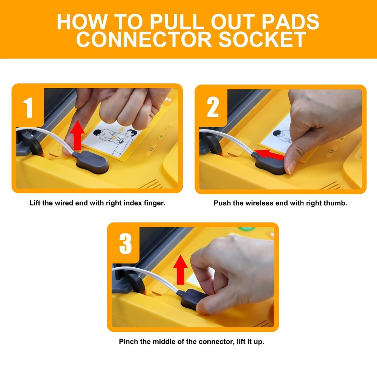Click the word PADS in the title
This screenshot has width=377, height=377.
point(290,21)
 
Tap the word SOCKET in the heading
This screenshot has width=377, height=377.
point(262,40)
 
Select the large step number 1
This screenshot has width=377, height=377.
point(28,108)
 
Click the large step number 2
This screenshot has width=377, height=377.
point(213,107)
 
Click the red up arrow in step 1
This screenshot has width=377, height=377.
point(77,135)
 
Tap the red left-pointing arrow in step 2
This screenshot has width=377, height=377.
point(269,154)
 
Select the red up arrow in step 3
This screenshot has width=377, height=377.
point(180,270)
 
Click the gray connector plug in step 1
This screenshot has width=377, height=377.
point(91,162)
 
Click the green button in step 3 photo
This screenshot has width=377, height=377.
point(246,228)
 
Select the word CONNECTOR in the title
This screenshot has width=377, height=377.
point(144,40)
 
